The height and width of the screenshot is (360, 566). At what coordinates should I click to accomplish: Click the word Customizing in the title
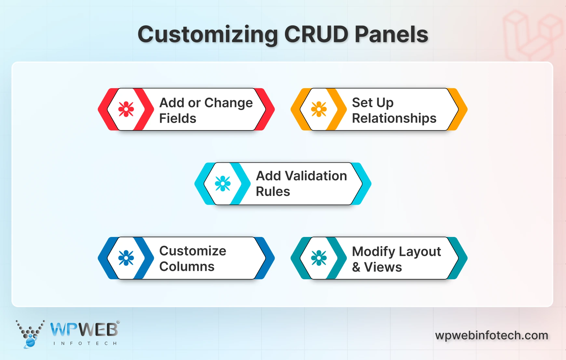[x=208, y=35]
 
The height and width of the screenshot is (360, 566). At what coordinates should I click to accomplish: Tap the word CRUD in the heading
[x=316, y=34]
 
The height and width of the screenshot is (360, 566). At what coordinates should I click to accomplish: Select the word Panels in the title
[x=391, y=34]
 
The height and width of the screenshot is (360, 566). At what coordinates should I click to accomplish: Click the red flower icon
[x=126, y=109]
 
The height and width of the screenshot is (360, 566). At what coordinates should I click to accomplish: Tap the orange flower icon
[x=319, y=109]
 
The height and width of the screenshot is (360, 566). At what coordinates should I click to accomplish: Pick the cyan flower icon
[x=223, y=184]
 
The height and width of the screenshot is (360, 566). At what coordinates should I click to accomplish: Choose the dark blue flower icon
[x=126, y=258]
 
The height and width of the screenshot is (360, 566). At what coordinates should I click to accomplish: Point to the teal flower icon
[x=319, y=258]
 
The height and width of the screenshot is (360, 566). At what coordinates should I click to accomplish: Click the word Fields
[x=178, y=118]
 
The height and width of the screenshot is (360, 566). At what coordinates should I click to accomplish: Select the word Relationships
[x=394, y=118]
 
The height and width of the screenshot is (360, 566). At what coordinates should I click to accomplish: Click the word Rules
[x=273, y=191]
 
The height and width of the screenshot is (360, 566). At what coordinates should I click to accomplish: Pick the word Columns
[x=187, y=267]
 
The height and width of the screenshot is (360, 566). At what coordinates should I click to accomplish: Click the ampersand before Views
[x=356, y=267]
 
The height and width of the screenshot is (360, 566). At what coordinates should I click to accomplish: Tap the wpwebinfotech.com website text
[x=492, y=335]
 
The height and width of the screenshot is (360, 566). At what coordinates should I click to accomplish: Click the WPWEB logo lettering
[x=84, y=330]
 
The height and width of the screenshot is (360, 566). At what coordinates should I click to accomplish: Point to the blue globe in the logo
[x=30, y=342]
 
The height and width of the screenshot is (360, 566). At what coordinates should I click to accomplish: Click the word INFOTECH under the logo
[x=85, y=343]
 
